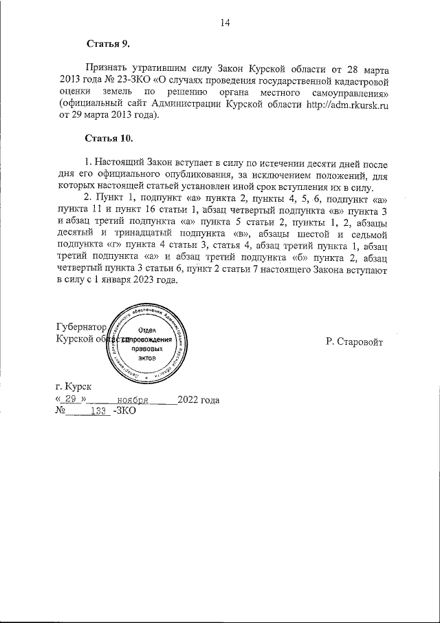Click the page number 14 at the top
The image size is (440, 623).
[x=224, y=23]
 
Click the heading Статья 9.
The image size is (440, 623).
[x=108, y=45]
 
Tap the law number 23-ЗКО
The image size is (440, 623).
[x=135, y=81]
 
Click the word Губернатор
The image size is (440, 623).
[x=81, y=328]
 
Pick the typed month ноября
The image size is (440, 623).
[x=133, y=399]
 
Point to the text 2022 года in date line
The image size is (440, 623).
[x=199, y=399]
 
